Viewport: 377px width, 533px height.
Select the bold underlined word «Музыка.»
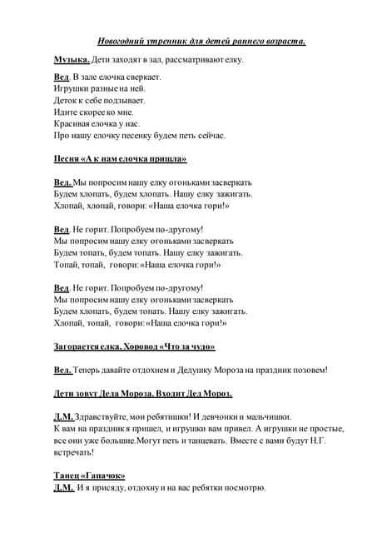point(72,60)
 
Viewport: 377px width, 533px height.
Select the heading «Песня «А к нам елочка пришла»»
point(120,158)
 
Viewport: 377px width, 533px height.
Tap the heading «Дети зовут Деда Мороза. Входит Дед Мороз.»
point(142,393)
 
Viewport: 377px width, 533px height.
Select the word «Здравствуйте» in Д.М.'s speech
point(106,416)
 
